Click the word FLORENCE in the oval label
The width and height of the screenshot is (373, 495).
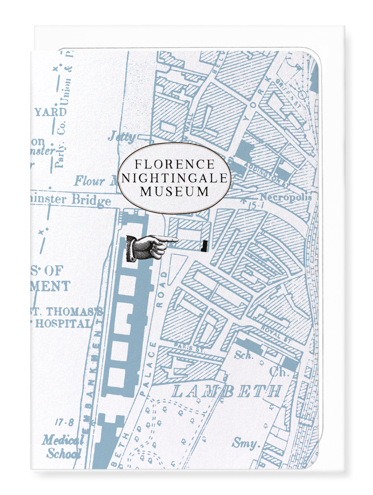(x=175, y=164)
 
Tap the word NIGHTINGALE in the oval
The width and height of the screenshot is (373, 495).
(x=175, y=178)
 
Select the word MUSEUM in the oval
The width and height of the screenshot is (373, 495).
(x=175, y=191)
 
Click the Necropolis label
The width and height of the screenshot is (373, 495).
(x=286, y=197)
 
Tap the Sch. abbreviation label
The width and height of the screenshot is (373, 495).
(x=244, y=355)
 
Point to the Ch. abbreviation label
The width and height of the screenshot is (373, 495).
(x=279, y=372)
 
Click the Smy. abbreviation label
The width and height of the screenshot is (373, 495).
(x=244, y=443)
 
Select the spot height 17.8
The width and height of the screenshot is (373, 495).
(x=65, y=423)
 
